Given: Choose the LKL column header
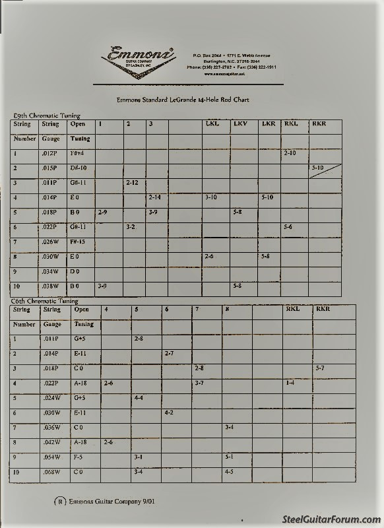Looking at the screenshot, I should coord(212,124).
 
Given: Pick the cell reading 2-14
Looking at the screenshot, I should coord(155,197).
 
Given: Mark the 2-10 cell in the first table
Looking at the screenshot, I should coord(290,153).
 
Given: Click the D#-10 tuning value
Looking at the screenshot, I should coord(79,168).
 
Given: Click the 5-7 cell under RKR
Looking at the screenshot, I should coord(320,368).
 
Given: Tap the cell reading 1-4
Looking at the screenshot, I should coord(290,383).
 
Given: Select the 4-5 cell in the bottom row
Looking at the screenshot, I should coord(229,472).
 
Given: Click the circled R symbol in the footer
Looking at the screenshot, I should coord(60,502).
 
